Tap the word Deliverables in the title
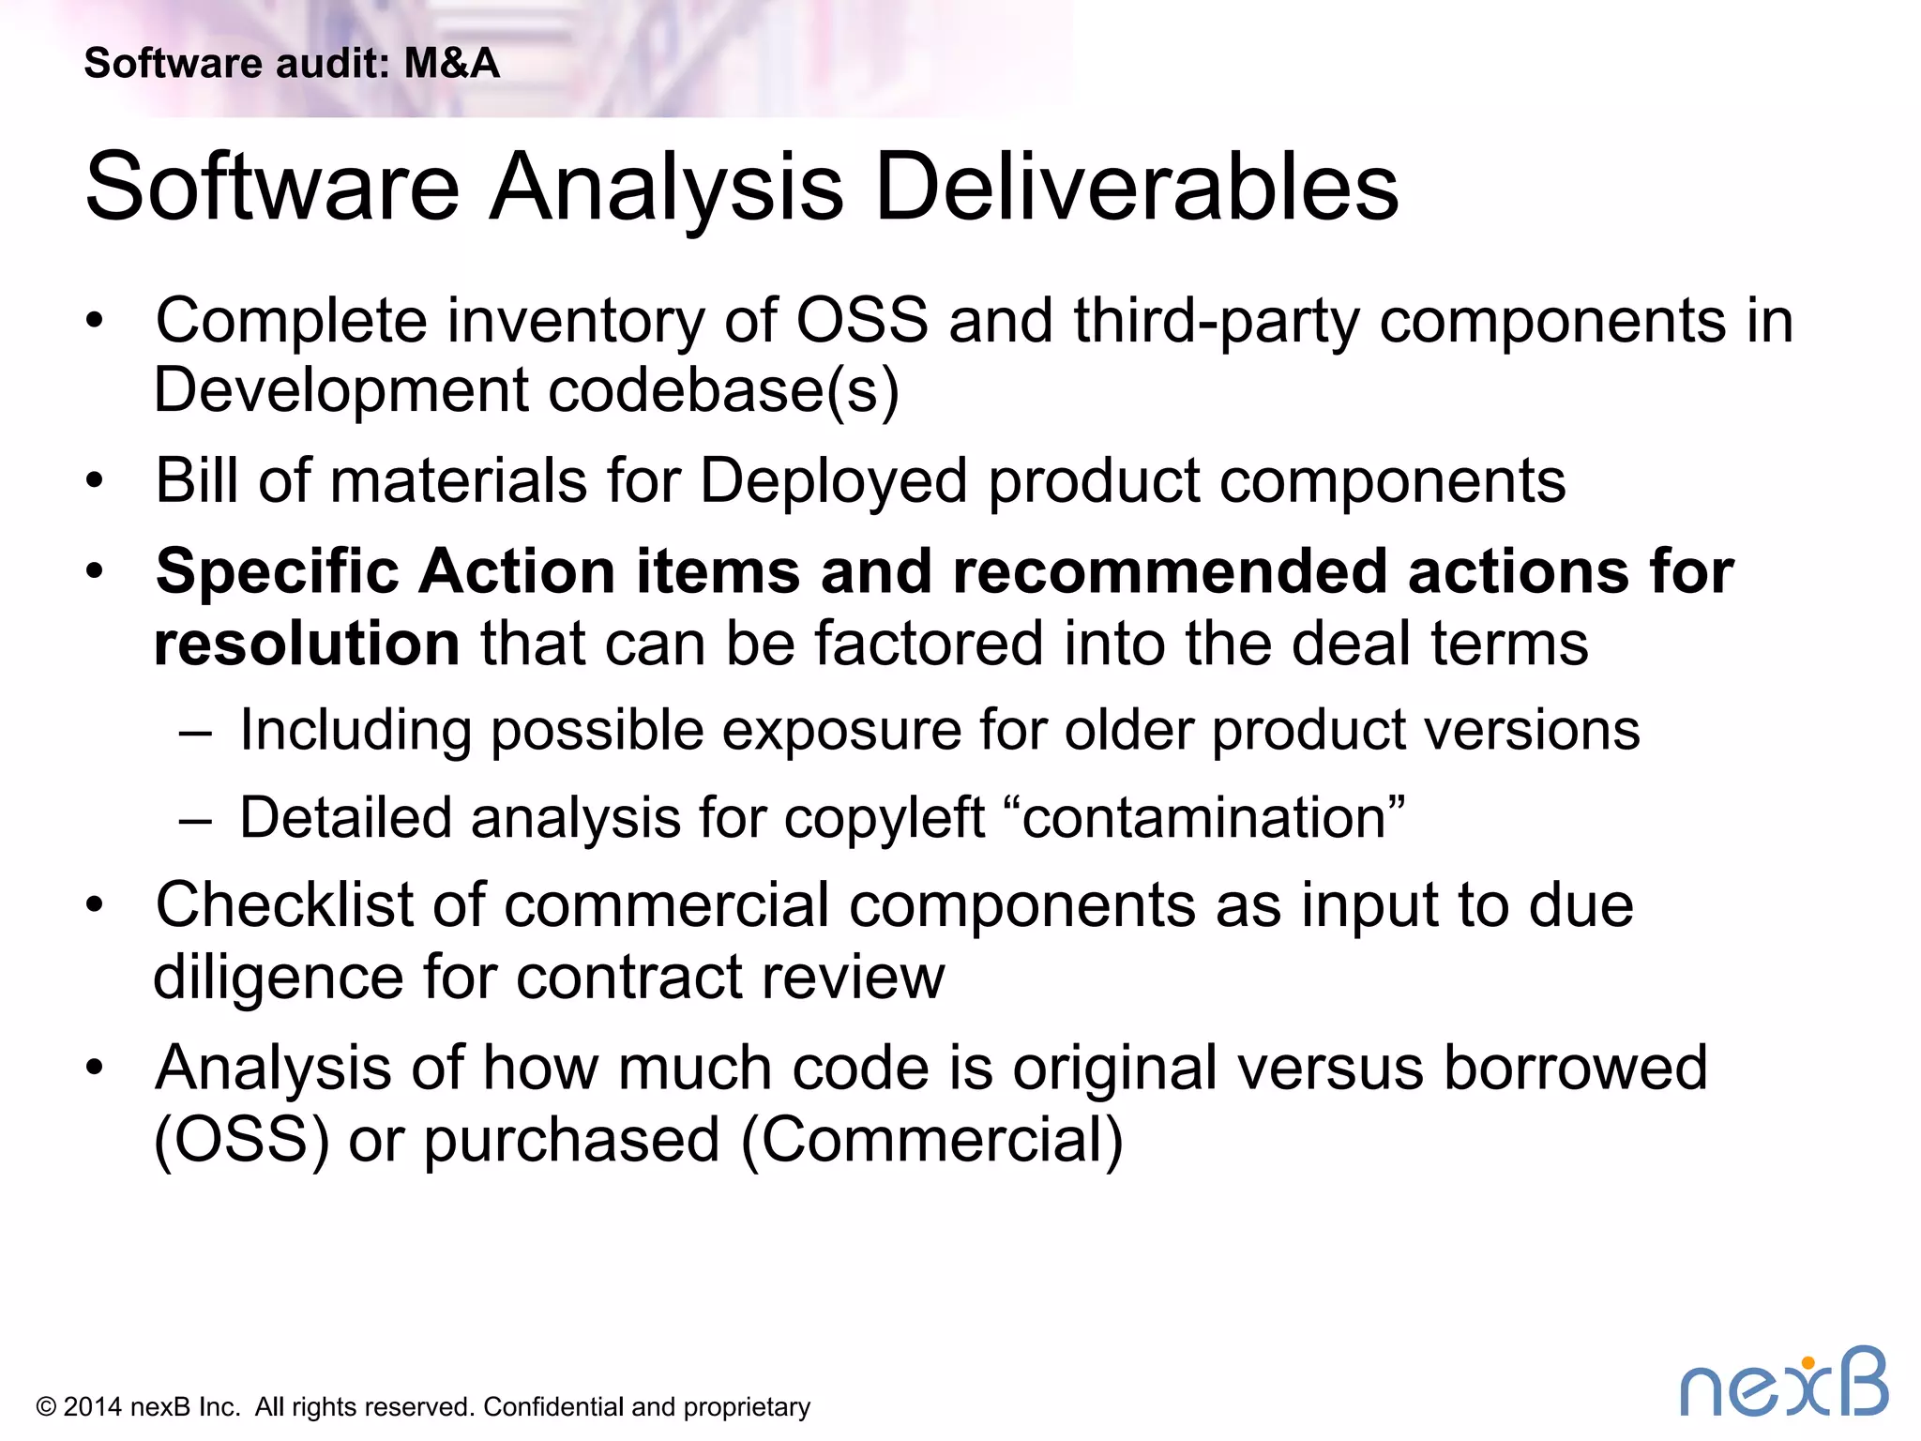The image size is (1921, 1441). [x=1136, y=188]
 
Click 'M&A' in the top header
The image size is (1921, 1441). [x=451, y=64]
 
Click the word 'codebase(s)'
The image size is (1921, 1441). [x=723, y=390]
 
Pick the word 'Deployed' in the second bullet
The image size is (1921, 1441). [x=833, y=481]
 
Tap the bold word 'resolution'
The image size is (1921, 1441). [x=307, y=644]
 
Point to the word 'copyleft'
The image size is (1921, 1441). [x=884, y=818]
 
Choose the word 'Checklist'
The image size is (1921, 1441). [x=282, y=905]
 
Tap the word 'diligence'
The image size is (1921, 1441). [x=278, y=978]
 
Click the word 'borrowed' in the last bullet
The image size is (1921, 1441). [x=1575, y=1068]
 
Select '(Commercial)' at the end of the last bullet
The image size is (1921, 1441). [x=931, y=1141]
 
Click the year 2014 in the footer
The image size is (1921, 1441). [x=92, y=1407]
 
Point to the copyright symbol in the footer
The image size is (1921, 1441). [x=46, y=1407]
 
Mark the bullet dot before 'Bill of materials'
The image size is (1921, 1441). [x=94, y=481]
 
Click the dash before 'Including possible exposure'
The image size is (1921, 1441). [x=195, y=733]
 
